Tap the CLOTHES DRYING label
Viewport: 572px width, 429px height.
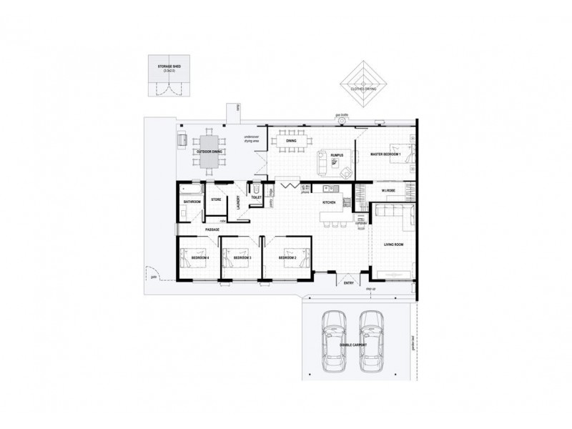(x=364, y=89)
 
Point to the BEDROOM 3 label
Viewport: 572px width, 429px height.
(x=243, y=258)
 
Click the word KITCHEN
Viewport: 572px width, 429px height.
(x=329, y=202)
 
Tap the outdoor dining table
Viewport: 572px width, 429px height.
(x=209, y=151)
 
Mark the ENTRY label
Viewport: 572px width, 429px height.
(x=349, y=284)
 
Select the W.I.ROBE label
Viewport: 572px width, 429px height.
(x=389, y=191)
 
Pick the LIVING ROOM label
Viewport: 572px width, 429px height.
(x=394, y=245)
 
